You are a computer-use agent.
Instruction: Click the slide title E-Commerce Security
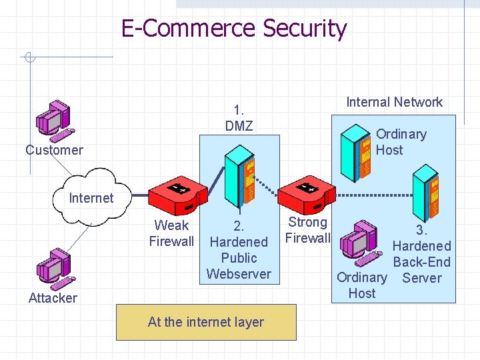(x=234, y=29)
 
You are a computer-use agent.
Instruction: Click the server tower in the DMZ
(x=239, y=177)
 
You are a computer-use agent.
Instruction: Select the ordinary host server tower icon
(x=355, y=149)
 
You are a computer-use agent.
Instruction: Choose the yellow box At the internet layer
(x=206, y=322)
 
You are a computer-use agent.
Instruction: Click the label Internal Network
(x=394, y=102)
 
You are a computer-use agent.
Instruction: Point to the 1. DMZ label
(x=239, y=118)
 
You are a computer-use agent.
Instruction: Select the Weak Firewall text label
(x=171, y=233)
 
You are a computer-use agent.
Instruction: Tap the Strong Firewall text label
(x=307, y=230)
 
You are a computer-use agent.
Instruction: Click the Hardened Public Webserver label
(x=239, y=250)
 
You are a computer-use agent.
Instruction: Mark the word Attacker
(x=53, y=298)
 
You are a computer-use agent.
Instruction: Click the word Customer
(x=54, y=150)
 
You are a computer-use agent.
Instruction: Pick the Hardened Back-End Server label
(x=421, y=254)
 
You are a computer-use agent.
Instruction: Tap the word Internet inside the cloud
(x=91, y=198)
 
